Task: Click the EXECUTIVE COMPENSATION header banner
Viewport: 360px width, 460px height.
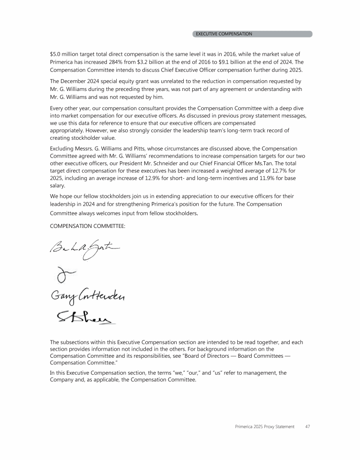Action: coord(252,34)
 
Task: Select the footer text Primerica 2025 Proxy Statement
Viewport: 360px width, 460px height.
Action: coord(265,427)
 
